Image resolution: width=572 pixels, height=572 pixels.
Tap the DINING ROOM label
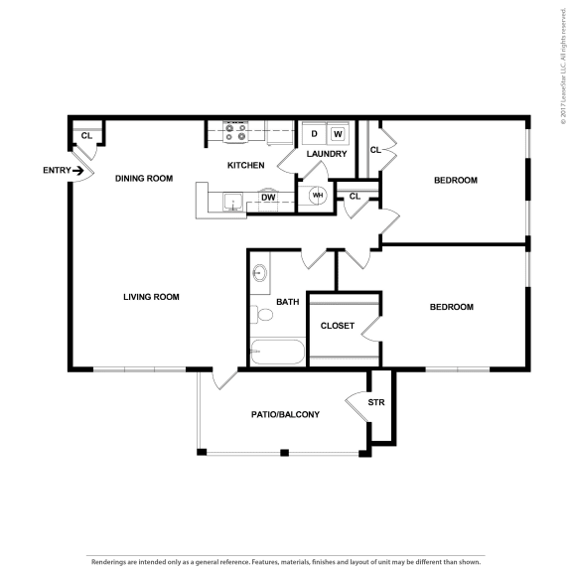click(x=144, y=179)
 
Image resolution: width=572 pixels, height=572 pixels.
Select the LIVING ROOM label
click(x=151, y=297)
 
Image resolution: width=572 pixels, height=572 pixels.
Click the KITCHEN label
click(x=245, y=165)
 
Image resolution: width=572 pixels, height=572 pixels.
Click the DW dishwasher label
click(x=268, y=198)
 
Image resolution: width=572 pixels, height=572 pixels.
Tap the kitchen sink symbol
click(x=232, y=203)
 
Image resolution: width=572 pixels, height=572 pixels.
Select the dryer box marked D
click(x=315, y=134)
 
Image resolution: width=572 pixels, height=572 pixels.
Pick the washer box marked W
click(x=338, y=134)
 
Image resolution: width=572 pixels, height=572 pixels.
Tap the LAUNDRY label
click(x=327, y=154)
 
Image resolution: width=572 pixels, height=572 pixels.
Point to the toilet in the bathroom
click(x=264, y=315)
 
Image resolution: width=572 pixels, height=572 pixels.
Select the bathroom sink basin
click(x=260, y=271)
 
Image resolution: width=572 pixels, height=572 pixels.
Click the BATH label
click(x=288, y=302)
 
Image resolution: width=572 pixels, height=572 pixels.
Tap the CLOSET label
click(x=337, y=326)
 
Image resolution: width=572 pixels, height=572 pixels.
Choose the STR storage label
click(x=375, y=403)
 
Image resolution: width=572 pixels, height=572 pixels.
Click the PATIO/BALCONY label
click(x=285, y=414)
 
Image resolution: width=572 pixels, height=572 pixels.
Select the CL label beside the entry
click(x=86, y=136)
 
